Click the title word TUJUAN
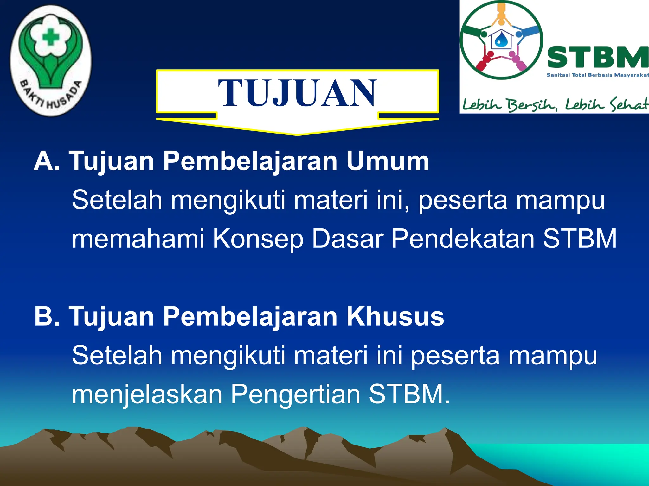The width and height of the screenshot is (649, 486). pos(297,93)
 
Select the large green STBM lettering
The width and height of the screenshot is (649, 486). pos(597,57)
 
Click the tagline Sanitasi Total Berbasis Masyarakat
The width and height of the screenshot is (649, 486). pos(598,75)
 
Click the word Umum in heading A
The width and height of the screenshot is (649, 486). pos(387,161)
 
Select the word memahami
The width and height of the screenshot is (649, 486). pos(138,239)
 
